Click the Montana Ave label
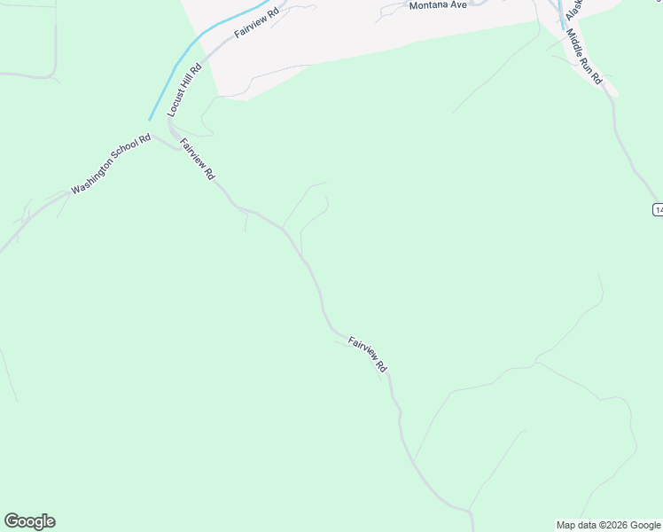click(x=437, y=5)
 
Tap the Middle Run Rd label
click(x=584, y=58)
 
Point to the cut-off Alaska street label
click(x=574, y=9)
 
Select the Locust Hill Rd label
click(x=184, y=90)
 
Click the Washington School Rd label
click(x=111, y=164)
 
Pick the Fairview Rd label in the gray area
click(x=256, y=21)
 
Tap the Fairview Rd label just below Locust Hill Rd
click(x=197, y=160)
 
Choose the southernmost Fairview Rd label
click(x=368, y=353)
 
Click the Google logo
click(x=29, y=521)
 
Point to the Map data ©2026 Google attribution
click(x=608, y=525)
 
